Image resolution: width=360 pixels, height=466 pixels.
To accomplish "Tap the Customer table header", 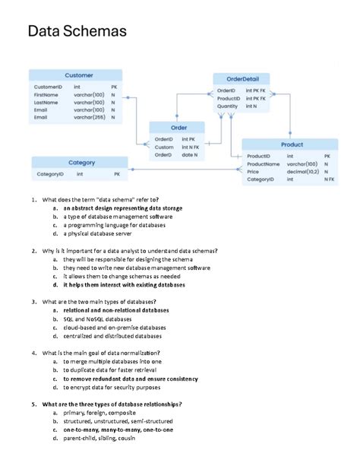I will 79,75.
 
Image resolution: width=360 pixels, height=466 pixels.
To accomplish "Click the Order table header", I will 178,128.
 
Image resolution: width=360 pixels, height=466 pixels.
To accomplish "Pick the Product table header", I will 292,144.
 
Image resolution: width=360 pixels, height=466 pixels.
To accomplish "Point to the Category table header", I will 81,163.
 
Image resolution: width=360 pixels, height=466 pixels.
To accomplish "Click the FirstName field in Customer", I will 46,95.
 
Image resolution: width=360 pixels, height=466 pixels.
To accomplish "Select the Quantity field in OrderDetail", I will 228,106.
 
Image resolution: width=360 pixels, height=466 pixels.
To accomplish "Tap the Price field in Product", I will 254,172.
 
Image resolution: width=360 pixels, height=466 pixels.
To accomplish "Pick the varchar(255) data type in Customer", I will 89,118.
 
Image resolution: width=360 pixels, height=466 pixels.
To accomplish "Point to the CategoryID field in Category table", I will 50,174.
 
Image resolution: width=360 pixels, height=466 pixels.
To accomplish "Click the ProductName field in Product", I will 264,164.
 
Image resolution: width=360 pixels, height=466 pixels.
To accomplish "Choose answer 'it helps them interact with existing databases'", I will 124,285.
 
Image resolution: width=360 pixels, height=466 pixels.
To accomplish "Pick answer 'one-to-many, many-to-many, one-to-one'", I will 118,430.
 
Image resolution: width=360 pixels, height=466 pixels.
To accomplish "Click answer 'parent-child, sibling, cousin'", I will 99,439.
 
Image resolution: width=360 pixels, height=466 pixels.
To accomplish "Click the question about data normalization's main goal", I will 101,353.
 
